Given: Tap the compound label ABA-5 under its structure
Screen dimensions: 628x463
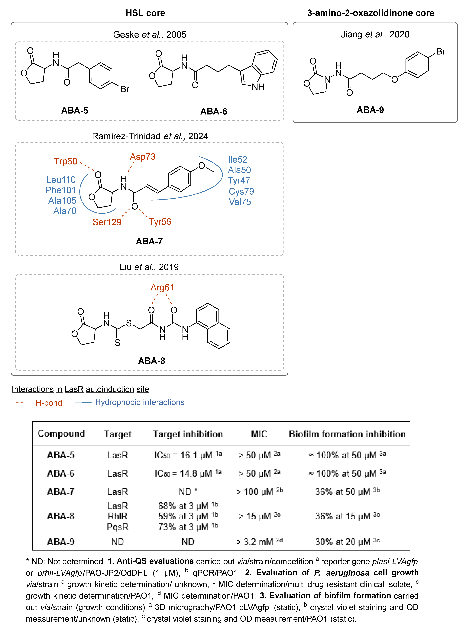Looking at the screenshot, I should click(x=75, y=111).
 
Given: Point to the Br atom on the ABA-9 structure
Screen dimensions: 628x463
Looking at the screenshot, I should click(x=441, y=52).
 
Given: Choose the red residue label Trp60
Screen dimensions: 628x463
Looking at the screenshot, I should click(x=66, y=161).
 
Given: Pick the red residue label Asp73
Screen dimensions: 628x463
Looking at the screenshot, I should click(x=143, y=157).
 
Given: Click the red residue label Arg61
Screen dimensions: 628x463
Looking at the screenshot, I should click(x=162, y=287).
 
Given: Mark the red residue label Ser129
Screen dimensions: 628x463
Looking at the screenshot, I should click(x=107, y=222).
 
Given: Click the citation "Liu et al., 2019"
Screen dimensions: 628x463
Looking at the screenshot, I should click(x=149, y=267).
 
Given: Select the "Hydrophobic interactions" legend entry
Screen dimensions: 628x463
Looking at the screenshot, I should click(x=140, y=402).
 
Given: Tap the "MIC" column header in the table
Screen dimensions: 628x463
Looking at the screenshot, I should click(x=259, y=434).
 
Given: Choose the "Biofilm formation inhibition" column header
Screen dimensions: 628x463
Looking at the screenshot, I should click(x=347, y=434).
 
